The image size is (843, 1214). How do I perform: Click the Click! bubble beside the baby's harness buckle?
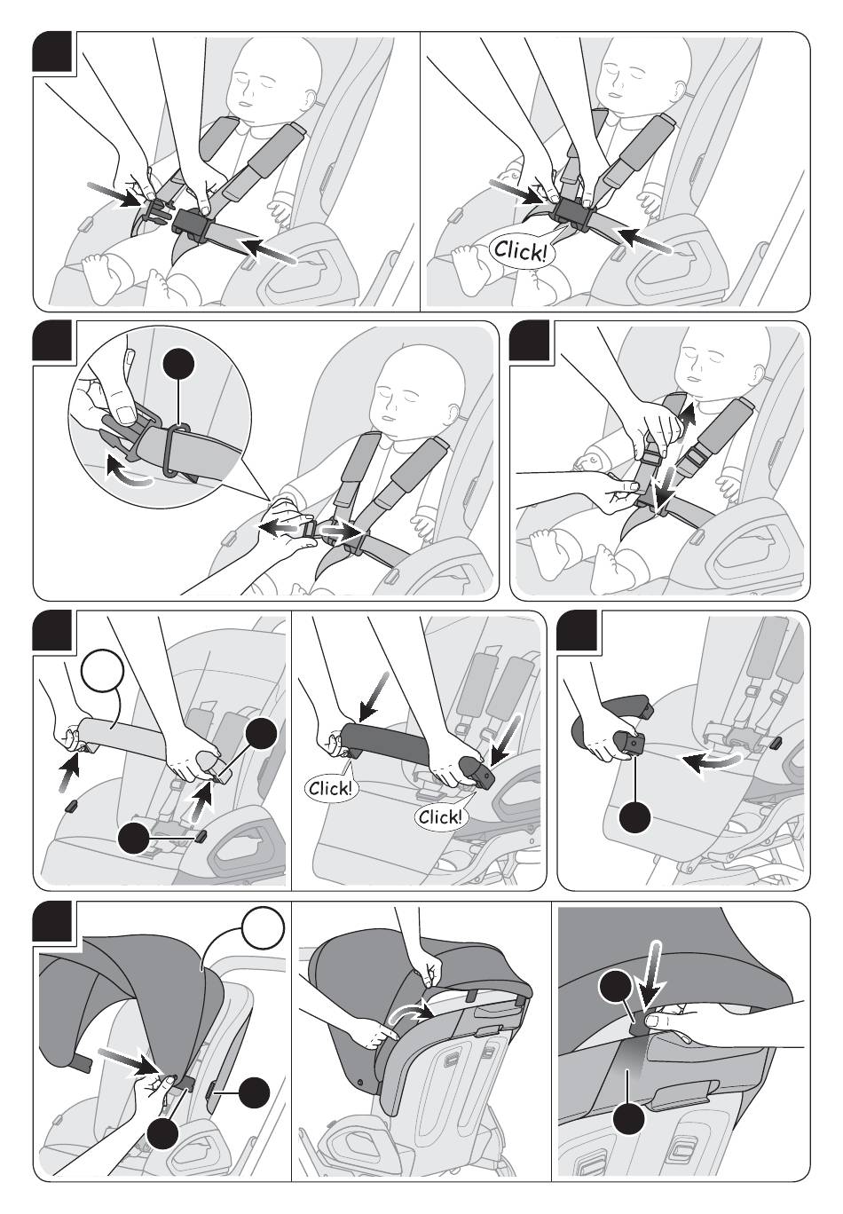(522, 250)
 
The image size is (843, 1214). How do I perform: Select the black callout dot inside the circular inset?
(179, 365)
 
